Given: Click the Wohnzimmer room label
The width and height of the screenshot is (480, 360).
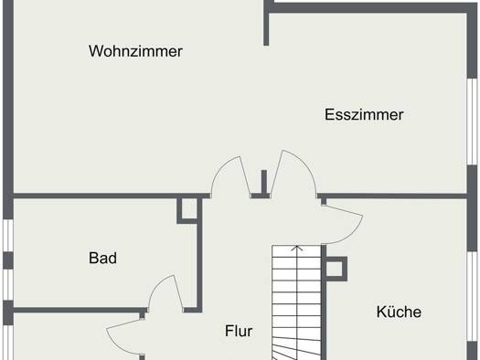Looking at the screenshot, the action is click(135, 51).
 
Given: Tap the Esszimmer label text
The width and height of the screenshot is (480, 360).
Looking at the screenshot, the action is click(364, 115).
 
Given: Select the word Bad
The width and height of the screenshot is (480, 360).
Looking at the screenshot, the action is click(102, 259).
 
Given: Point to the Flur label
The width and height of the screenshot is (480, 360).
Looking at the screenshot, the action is click(239, 331).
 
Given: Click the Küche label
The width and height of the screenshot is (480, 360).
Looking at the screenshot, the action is click(399, 312).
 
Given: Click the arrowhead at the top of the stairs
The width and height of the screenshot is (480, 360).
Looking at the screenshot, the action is click(296, 248).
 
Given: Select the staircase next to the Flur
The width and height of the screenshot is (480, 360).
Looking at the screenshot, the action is click(296, 302).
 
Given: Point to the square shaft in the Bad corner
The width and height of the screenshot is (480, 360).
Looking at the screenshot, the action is click(187, 211).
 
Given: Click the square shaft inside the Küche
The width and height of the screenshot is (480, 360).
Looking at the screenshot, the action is click(336, 269).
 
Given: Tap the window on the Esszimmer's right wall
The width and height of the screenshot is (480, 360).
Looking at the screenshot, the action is click(473, 122).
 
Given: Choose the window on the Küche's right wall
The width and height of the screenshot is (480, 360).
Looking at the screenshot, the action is click(473, 296).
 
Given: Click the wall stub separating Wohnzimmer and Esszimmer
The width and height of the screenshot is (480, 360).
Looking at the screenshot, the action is click(266, 23).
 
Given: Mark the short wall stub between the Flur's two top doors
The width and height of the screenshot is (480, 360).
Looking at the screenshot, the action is click(264, 183).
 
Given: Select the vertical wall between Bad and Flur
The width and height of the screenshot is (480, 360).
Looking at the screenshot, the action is click(199, 255).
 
